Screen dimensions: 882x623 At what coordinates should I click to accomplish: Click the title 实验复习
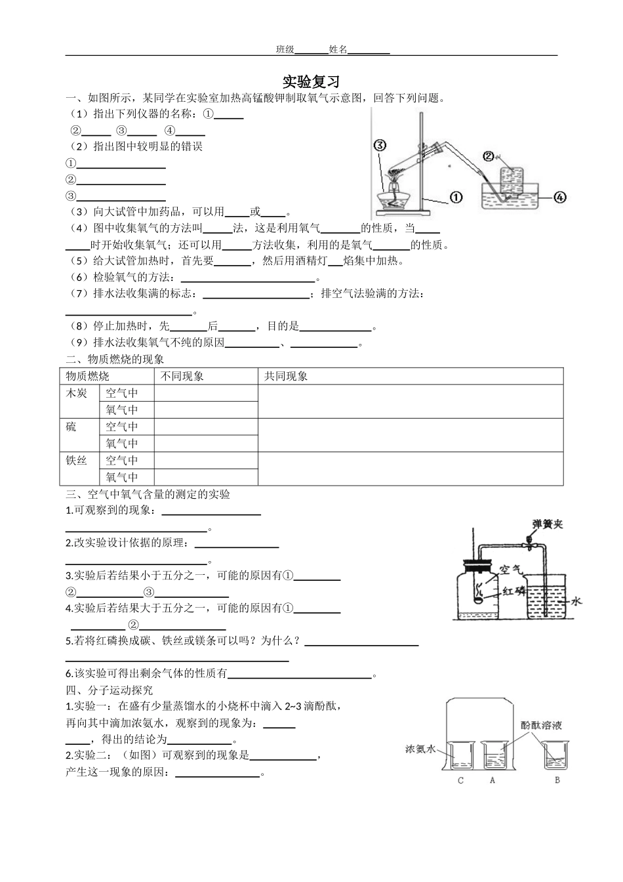point(311,82)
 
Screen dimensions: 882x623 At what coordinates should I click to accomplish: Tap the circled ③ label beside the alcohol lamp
point(380,145)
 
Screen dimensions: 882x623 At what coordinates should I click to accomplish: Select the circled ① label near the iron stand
point(456,196)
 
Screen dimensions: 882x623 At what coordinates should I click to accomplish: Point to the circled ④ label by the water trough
point(559,196)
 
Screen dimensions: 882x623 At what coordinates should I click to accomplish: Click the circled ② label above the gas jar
point(488,156)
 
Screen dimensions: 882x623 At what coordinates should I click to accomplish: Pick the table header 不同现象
point(181,376)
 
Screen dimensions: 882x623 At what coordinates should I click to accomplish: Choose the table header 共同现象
point(285,376)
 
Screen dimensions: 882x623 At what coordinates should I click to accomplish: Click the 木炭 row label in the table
point(77,393)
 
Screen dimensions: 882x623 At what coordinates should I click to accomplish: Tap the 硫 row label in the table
point(71,427)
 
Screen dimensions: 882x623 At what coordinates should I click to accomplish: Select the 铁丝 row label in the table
point(77,461)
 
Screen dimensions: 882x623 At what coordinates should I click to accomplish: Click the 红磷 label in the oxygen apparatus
point(514,590)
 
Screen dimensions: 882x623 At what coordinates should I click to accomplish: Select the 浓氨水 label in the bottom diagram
point(420,748)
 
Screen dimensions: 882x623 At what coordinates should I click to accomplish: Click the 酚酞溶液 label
point(542,725)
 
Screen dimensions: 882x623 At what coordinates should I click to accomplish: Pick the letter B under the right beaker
point(557,780)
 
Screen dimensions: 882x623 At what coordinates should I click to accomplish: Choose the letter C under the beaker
point(460,780)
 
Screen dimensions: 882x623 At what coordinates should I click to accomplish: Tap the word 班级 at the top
point(285,50)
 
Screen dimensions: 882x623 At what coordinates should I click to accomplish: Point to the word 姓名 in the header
point(338,50)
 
